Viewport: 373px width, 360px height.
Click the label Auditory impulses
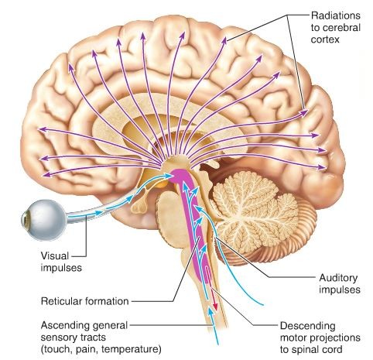tap(340, 284)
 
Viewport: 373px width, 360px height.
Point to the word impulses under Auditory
tap(340, 290)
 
